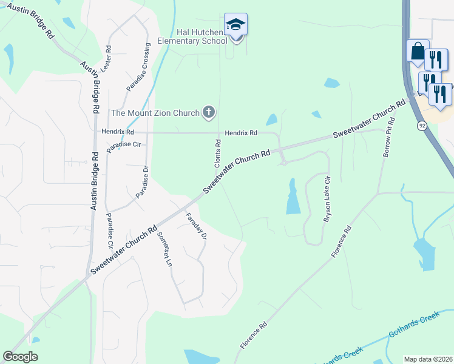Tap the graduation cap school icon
235,25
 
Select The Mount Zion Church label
155,113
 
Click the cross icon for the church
208,112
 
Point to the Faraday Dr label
196,226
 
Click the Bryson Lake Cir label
328,199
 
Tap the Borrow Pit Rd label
388,139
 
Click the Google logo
20,357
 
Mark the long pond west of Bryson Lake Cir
293,197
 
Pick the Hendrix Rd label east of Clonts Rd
241,133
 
